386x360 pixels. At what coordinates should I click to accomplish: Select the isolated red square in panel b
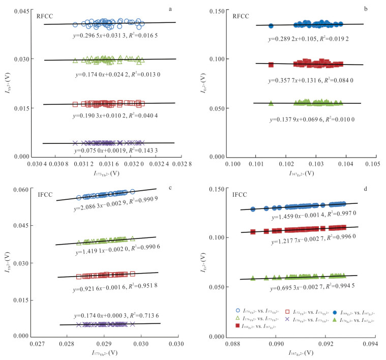[271, 65]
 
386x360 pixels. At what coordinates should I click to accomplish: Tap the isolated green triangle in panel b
[271, 104]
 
